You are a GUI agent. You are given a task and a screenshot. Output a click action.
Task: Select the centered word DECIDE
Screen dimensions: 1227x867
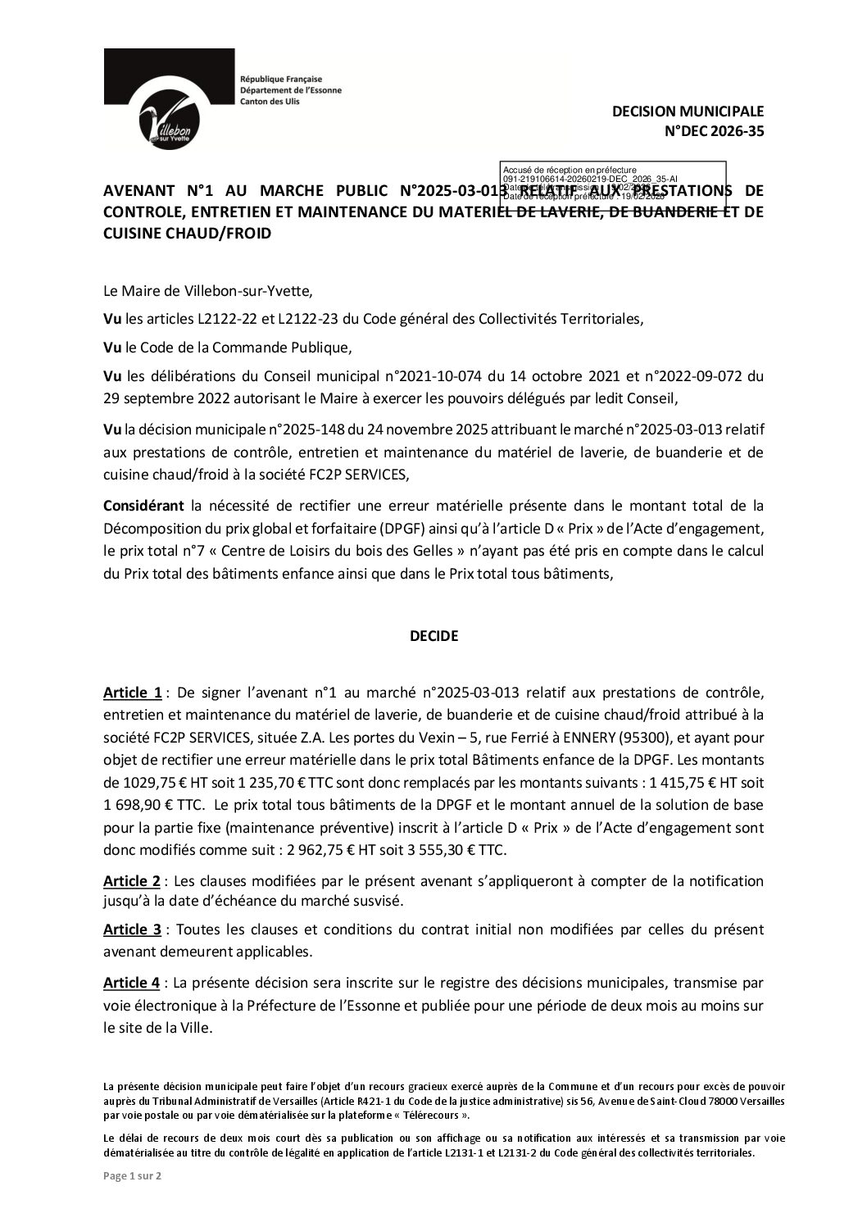tap(433, 635)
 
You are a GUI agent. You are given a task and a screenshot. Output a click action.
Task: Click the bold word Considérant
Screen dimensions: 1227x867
tap(144, 502)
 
